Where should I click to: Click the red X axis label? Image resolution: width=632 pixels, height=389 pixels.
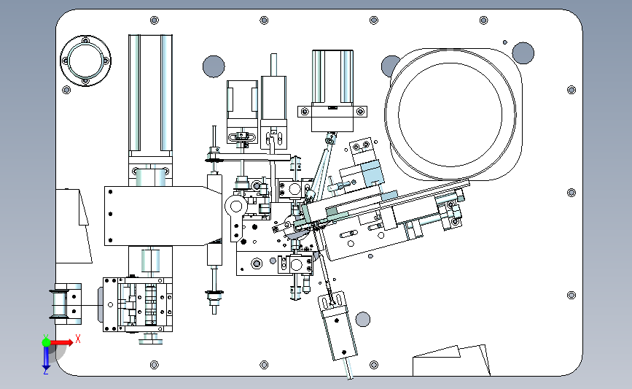click(77, 338)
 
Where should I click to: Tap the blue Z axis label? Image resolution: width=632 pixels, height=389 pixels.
click(45, 371)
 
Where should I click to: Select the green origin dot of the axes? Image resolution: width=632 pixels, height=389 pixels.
click(46, 341)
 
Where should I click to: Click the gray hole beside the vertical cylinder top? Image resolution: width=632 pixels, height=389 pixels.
click(213, 66)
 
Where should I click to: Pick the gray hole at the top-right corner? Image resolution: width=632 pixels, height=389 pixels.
click(523, 52)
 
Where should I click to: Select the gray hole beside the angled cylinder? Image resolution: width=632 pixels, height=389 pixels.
click(362, 320)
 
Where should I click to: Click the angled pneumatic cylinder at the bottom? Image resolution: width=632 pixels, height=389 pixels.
click(338, 328)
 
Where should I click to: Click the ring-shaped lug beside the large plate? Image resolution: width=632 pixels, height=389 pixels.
click(235, 205)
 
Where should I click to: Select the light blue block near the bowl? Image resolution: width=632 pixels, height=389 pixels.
click(372, 172)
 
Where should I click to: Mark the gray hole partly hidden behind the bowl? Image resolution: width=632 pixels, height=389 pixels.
click(390, 66)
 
